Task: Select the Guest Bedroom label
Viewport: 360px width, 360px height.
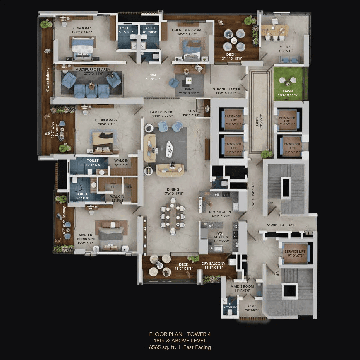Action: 186,30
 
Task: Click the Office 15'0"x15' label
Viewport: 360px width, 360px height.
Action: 285,47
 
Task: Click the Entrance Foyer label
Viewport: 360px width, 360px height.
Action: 225,89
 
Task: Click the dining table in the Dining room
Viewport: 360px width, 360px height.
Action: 173,216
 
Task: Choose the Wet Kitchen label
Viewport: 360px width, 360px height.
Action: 221,233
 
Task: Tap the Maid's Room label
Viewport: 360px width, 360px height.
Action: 242,286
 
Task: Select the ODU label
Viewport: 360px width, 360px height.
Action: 251,306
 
